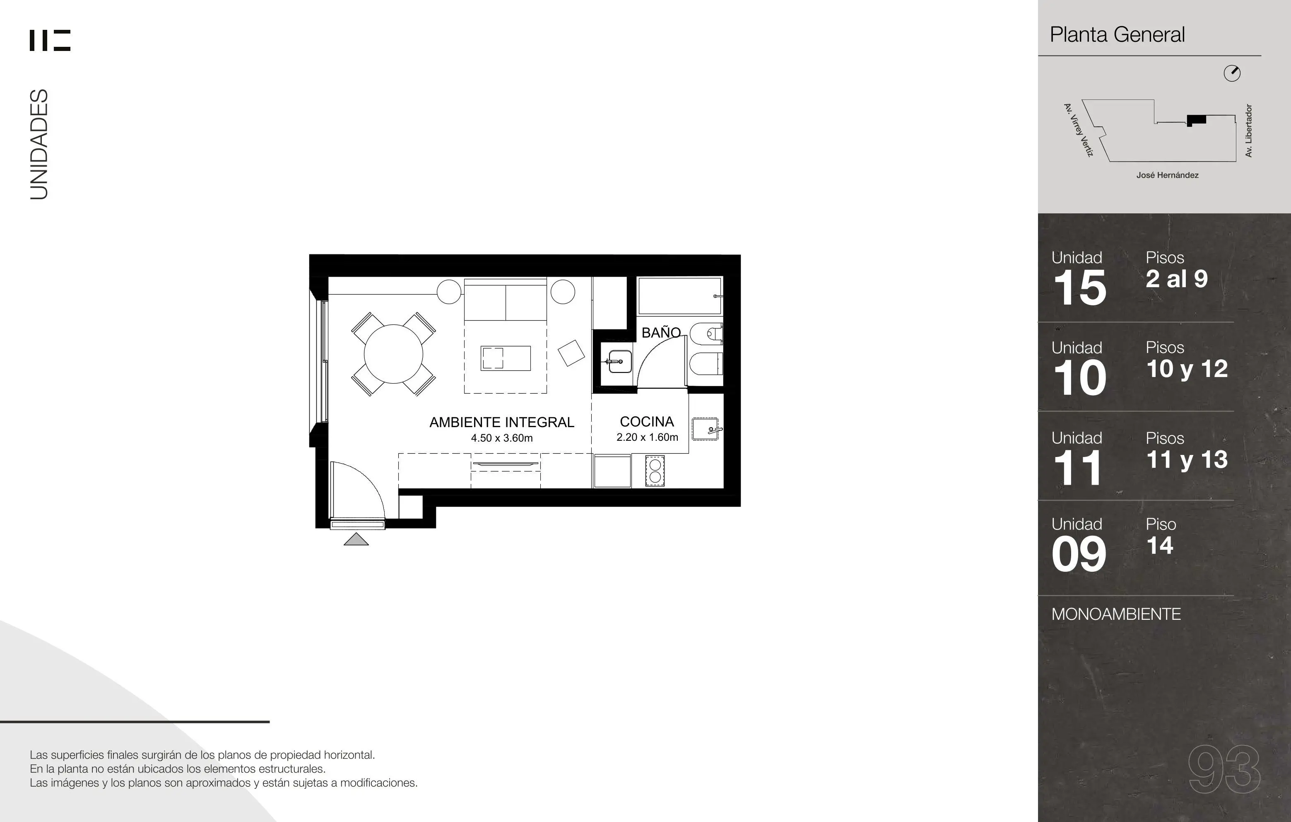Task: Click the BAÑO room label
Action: [661, 333]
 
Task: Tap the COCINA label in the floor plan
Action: [647, 422]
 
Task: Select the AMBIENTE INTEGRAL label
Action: [502, 422]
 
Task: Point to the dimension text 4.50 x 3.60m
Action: [502, 438]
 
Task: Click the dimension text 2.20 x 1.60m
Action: [647, 437]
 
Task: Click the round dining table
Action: [393, 354]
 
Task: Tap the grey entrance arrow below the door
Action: [356, 539]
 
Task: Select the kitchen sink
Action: [706, 429]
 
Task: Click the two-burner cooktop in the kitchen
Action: [655, 471]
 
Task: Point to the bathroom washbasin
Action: [618, 362]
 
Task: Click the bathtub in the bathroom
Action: [680, 296]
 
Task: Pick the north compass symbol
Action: [1232, 73]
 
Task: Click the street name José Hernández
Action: [1167, 175]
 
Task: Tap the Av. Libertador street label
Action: [1249, 131]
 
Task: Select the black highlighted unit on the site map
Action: [1196, 120]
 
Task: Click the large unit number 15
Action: [1080, 288]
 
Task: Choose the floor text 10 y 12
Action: [1187, 369]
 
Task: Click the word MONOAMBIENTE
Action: [1116, 614]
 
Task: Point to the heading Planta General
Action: [1117, 35]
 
